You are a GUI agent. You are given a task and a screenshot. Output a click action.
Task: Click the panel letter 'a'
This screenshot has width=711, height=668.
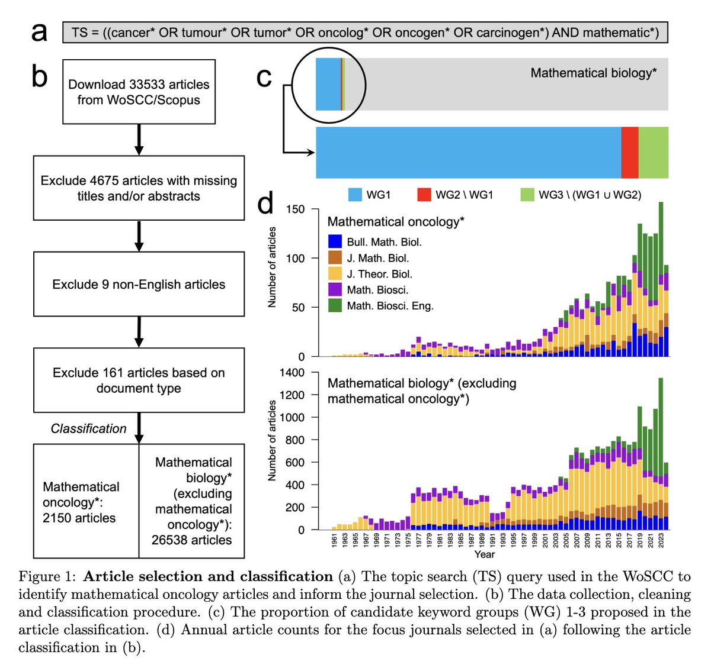tap(39, 33)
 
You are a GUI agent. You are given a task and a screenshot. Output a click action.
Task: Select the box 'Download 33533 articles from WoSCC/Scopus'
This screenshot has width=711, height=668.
tap(139, 92)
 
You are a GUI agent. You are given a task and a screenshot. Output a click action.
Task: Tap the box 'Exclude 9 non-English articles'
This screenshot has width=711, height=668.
tap(139, 284)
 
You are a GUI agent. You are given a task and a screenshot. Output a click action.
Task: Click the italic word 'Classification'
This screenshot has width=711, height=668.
tap(88, 428)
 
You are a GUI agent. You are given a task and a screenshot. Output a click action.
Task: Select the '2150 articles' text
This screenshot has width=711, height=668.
tap(79, 518)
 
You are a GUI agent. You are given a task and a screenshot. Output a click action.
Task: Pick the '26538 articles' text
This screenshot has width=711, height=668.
tap(191, 540)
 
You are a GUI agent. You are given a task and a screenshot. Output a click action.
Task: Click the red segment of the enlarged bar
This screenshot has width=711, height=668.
tap(629, 152)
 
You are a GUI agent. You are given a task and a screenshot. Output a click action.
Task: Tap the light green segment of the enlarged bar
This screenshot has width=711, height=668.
tap(653, 152)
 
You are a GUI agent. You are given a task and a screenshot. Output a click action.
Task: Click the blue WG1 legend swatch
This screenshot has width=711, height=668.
tap(355, 195)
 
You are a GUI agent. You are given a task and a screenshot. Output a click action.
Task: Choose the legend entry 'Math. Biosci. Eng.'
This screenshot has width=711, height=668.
tap(390, 306)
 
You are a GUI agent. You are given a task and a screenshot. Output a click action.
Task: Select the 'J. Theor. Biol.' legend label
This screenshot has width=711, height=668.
tap(379, 274)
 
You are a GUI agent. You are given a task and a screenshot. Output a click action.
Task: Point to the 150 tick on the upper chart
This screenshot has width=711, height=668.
tap(295, 209)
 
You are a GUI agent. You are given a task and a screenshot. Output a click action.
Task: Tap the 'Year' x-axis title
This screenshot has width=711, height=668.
tap(484, 554)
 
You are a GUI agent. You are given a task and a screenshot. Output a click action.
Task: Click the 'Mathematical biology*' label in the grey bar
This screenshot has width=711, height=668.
tap(593, 73)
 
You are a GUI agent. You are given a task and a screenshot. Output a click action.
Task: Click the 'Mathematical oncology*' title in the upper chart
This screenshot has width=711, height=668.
tap(396, 222)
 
